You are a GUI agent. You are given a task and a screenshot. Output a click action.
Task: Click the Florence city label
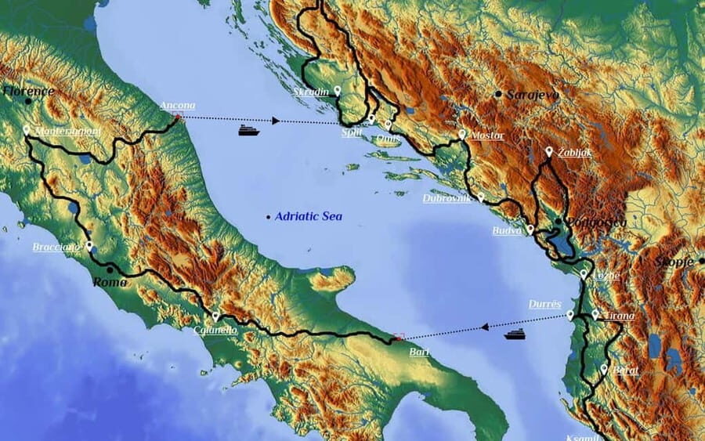[x=29, y=91]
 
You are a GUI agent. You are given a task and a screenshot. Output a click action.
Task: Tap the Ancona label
[x=177, y=106]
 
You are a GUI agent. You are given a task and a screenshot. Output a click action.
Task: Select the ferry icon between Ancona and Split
[x=249, y=130]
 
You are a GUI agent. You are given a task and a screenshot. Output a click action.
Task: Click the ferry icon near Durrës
[x=514, y=334]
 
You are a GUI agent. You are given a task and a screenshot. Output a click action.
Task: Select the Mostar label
[x=486, y=136]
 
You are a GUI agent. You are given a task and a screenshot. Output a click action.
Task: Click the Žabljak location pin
[x=549, y=150]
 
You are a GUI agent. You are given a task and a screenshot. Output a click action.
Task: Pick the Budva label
[x=507, y=231]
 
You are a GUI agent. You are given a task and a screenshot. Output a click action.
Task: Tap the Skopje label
[x=675, y=262]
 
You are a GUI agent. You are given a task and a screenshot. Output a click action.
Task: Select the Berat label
[x=626, y=370]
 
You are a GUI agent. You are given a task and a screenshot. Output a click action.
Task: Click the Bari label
[x=419, y=352]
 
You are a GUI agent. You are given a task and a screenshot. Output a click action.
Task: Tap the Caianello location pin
[x=215, y=316]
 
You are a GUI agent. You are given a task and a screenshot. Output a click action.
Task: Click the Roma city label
[x=110, y=282]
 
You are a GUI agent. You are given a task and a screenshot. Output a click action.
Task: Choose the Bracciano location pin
[x=89, y=245]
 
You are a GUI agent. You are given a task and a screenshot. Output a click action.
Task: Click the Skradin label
[x=311, y=92]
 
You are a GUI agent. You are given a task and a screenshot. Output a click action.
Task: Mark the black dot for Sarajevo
[x=498, y=94]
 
